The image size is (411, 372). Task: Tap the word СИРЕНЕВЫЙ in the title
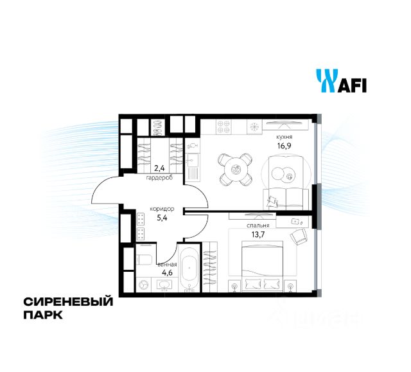[x=67, y=301]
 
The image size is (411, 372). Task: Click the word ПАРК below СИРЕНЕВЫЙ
[x=44, y=315]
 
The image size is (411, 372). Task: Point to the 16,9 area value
[x=283, y=146]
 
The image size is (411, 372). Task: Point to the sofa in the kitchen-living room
[x=285, y=198]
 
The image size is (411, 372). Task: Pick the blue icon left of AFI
[x=326, y=82]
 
